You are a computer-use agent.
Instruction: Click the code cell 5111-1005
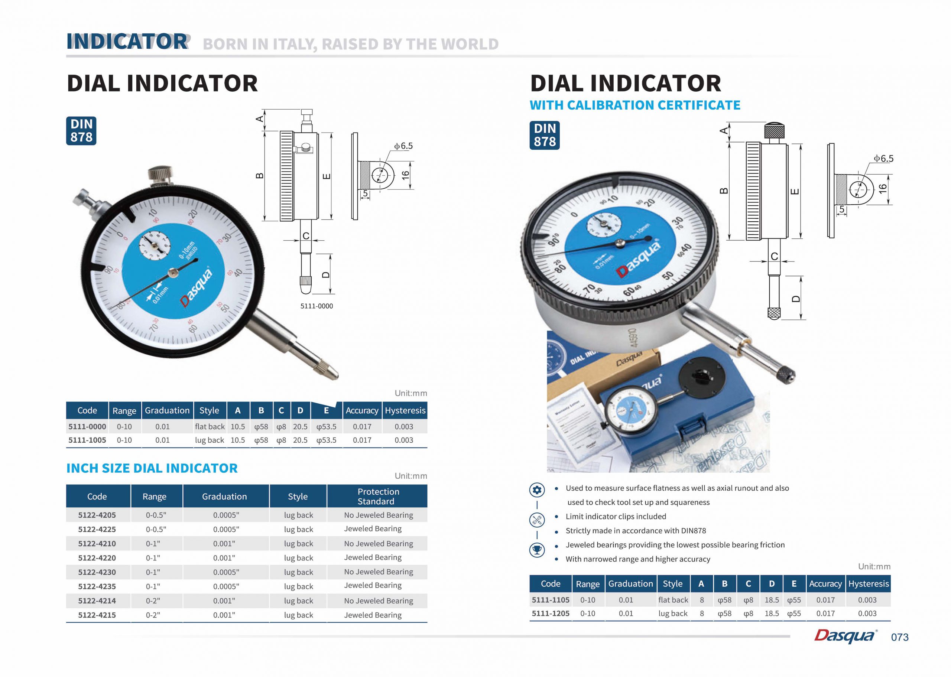[87, 440]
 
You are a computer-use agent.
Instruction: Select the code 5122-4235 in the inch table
[97, 586]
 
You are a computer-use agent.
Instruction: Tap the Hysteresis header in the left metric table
[405, 410]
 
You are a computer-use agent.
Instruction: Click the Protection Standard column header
[377, 496]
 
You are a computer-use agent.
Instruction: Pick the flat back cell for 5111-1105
[673, 600]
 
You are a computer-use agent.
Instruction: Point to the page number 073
[899, 637]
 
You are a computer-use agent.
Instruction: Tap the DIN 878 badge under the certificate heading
[545, 135]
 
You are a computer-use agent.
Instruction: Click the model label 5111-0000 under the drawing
[317, 306]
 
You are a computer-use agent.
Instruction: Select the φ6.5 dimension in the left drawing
[403, 146]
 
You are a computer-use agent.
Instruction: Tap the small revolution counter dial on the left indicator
[155, 245]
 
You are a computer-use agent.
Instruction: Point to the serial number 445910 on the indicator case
[633, 338]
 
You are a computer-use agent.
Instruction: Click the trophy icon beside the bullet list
[537, 550]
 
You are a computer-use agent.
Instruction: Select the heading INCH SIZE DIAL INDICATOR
[152, 468]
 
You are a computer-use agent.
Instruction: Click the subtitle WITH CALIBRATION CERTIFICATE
[634, 105]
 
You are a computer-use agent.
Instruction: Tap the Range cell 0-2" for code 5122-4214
[153, 601]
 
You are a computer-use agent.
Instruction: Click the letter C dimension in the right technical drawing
[774, 256]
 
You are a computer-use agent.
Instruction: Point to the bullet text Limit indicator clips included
[616, 517]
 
